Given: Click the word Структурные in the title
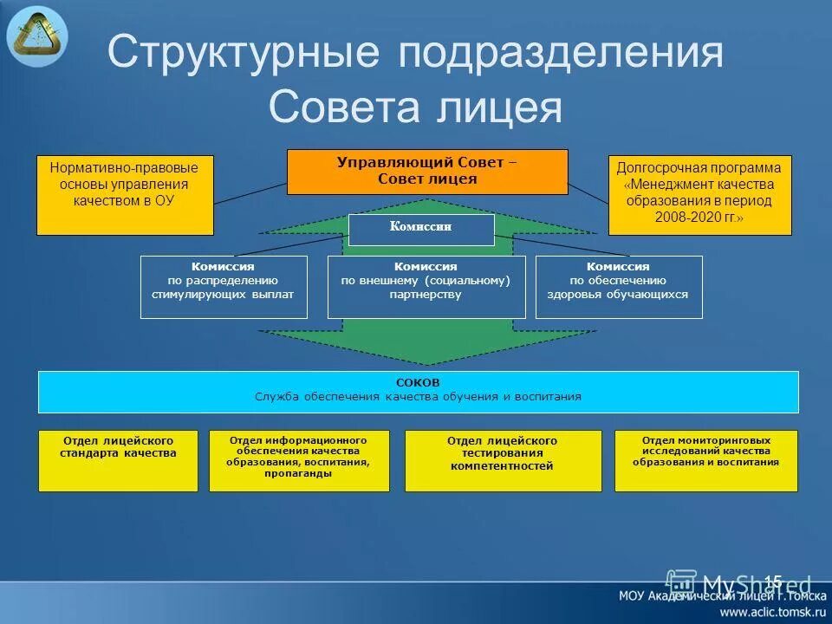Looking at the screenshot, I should pyautogui.click(x=243, y=55).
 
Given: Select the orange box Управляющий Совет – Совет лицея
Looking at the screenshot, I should pyautogui.click(x=427, y=172).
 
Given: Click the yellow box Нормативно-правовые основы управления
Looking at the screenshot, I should pyautogui.click(x=124, y=195).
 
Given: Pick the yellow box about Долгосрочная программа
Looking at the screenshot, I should pyautogui.click(x=699, y=195).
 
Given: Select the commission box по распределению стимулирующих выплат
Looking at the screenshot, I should pyautogui.click(x=223, y=287).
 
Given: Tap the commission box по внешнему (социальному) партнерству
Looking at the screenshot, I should pyautogui.click(x=426, y=287).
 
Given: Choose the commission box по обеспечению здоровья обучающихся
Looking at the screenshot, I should pyautogui.click(x=618, y=287).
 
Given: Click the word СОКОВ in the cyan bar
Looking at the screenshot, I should pyautogui.click(x=418, y=383).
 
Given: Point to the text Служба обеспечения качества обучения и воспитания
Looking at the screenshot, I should pyautogui.click(x=418, y=397).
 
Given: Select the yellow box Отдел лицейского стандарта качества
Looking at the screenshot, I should pyautogui.click(x=118, y=460).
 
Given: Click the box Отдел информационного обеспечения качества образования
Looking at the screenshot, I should pyautogui.click(x=298, y=460).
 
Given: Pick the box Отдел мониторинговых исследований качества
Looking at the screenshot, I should pyautogui.click(x=705, y=460).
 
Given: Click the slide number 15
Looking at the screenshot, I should pyautogui.click(x=772, y=582).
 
